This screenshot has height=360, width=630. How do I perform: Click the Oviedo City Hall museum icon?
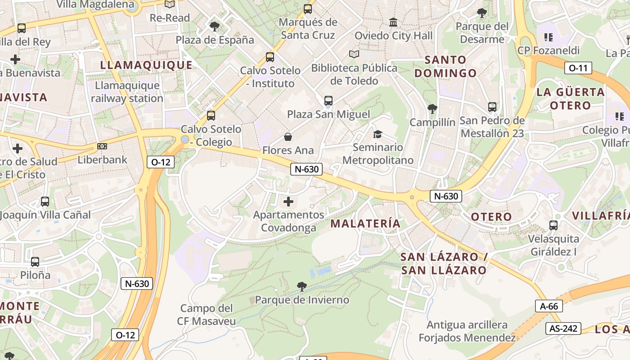click(393, 22)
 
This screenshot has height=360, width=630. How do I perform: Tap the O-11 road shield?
click(578, 68)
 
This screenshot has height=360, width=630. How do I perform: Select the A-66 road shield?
click(549, 306)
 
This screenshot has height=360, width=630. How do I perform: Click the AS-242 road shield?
click(563, 328)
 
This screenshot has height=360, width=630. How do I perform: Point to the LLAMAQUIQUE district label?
click(146, 65)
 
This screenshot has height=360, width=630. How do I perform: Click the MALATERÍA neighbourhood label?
click(365, 223)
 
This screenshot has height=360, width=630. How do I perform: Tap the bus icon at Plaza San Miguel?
click(328, 101)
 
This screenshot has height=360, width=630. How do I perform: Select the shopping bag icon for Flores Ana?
click(288, 137)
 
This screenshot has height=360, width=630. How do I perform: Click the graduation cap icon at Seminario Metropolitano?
click(378, 134)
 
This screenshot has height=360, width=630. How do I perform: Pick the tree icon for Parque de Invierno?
click(302, 286)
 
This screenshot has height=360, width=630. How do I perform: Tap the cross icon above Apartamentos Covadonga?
click(288, 201)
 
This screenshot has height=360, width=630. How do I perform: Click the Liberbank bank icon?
click(102, 146)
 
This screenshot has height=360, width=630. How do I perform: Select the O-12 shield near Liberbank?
click(161, 162)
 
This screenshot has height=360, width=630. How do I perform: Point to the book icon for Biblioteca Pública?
click(354, 54)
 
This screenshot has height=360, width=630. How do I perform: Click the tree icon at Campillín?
click(432, 108)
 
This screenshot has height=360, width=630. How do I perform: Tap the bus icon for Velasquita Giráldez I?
click(553, 225)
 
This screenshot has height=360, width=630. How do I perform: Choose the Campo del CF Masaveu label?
click(206, 315)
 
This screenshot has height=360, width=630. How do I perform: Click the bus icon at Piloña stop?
click(35, 261)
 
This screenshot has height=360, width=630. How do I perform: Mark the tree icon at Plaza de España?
click(215, 26)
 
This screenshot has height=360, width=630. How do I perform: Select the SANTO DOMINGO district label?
click(445, 66)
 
